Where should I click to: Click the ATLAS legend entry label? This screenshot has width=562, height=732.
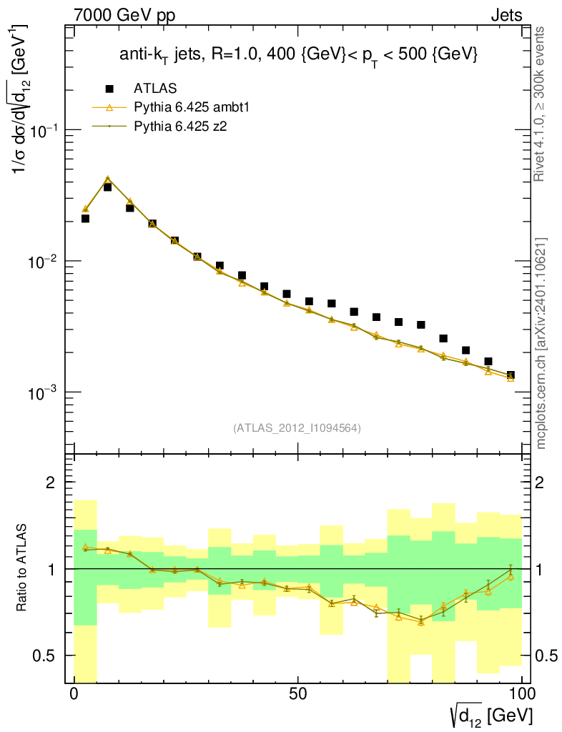(155, 88)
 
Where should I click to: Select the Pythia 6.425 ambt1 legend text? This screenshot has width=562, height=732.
(191, 107)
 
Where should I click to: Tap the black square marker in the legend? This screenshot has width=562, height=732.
(109, 89)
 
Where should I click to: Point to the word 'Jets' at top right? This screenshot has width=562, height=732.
(506, 15)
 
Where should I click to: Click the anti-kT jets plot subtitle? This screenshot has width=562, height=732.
(298, 56)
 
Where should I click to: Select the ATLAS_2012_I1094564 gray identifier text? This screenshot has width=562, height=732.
(297, 428)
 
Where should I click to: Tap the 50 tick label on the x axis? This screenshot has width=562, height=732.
(298, 693)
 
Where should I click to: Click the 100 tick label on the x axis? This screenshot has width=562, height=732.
(522, 693)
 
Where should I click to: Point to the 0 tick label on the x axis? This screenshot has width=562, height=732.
(74, 693)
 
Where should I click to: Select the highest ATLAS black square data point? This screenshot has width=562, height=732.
(107, 187)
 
